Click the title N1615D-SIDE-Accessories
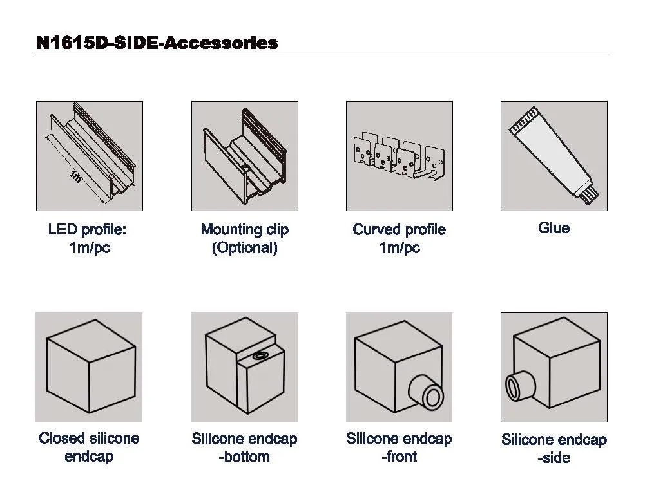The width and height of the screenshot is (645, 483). [157, 43]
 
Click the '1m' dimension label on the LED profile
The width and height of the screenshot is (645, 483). [75, 175]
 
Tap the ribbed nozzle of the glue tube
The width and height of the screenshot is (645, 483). [590, 191]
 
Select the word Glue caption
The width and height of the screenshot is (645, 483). [554, 228]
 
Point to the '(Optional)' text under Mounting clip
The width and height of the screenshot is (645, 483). [244, 248]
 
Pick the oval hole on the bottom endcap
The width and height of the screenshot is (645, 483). [261, 355]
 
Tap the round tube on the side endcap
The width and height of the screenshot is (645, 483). [517, 386]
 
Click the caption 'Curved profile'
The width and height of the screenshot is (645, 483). [399, 229]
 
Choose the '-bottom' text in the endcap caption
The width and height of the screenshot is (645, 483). [244, 457]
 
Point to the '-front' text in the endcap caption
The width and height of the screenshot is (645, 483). [399, 457]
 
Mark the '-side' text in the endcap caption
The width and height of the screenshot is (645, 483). [554, 458]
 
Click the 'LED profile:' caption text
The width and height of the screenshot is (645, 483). [88, 229]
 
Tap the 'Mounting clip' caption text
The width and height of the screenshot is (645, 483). [244, 229]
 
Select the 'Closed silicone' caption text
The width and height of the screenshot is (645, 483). [89, 439]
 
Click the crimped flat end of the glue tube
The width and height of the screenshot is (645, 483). [523, 123]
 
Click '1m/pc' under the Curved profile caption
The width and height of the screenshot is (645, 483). [399, 248]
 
